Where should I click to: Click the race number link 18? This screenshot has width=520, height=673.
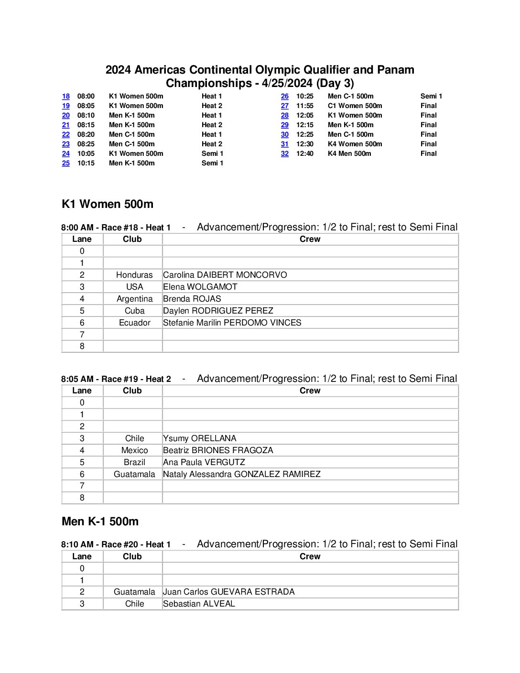(x=66, y=96)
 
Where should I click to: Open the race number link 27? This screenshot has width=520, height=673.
(x=285, y=106)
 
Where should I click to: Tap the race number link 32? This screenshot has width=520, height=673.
(x=285, y=153)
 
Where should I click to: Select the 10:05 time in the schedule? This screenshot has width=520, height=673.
(x=86, y=153)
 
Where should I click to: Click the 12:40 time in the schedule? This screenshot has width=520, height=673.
(x=305, y=153)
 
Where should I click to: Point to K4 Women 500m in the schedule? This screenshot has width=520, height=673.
(x=355, y=144)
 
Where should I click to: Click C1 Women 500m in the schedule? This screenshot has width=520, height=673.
(x=355, y=106)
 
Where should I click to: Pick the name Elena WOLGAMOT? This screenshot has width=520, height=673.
(x=200, y=287)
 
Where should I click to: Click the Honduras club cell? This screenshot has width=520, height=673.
(x=134, y=275)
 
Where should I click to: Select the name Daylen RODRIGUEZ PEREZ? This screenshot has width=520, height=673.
(x=218, y=311)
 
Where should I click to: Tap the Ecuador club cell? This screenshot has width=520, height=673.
(x=134, y=323)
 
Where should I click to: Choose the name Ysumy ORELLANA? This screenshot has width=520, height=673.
(x=200, y=438)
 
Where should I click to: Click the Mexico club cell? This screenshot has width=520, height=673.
(x=134, y=450)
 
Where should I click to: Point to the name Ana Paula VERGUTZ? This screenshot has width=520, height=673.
(x=204, y=462)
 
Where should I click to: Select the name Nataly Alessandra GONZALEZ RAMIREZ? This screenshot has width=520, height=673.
(x=242, y=474)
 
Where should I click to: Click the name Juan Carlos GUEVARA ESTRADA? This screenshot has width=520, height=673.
(x=229, y=592)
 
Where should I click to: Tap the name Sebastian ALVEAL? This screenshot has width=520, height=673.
(x=199, y=604)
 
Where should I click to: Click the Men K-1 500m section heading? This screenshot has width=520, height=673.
(x=100, y=521)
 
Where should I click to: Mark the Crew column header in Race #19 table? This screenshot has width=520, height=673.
(x=310, y=391)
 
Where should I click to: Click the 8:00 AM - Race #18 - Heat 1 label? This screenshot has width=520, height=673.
(x=116, y=228)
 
